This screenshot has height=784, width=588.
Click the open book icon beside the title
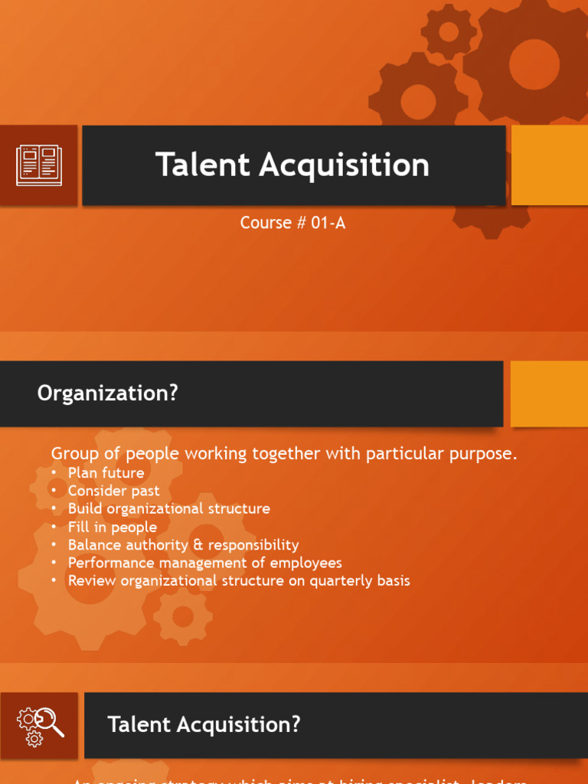(39, 165)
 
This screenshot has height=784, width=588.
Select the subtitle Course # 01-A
(293, 223)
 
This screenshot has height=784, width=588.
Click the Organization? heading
(107, 394)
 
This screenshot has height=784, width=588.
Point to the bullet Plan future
(106, 472)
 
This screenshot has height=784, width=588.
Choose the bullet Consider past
(113, 491)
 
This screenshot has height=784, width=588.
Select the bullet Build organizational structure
(168, 508)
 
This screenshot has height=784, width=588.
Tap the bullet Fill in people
(112, 527)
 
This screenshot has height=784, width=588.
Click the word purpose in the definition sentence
(485, 454)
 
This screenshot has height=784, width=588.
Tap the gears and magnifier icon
(39, 725)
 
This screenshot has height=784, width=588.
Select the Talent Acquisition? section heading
(204, 724)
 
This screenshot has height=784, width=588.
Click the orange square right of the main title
(549, 165)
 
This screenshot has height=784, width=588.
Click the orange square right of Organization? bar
(549, 394)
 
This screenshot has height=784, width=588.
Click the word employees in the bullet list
(306, 563)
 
